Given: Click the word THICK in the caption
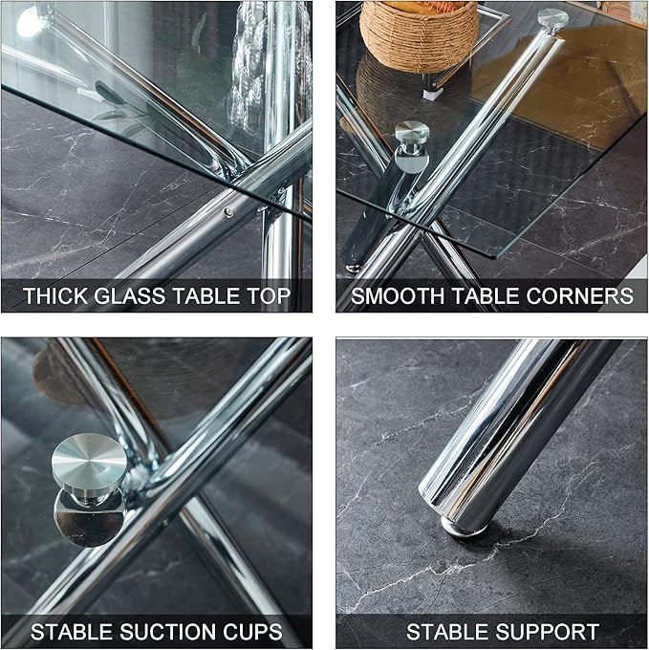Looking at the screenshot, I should pos(55,296).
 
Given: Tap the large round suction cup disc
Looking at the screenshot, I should pos(88,460).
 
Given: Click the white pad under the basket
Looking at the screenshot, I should pos(433,93).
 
